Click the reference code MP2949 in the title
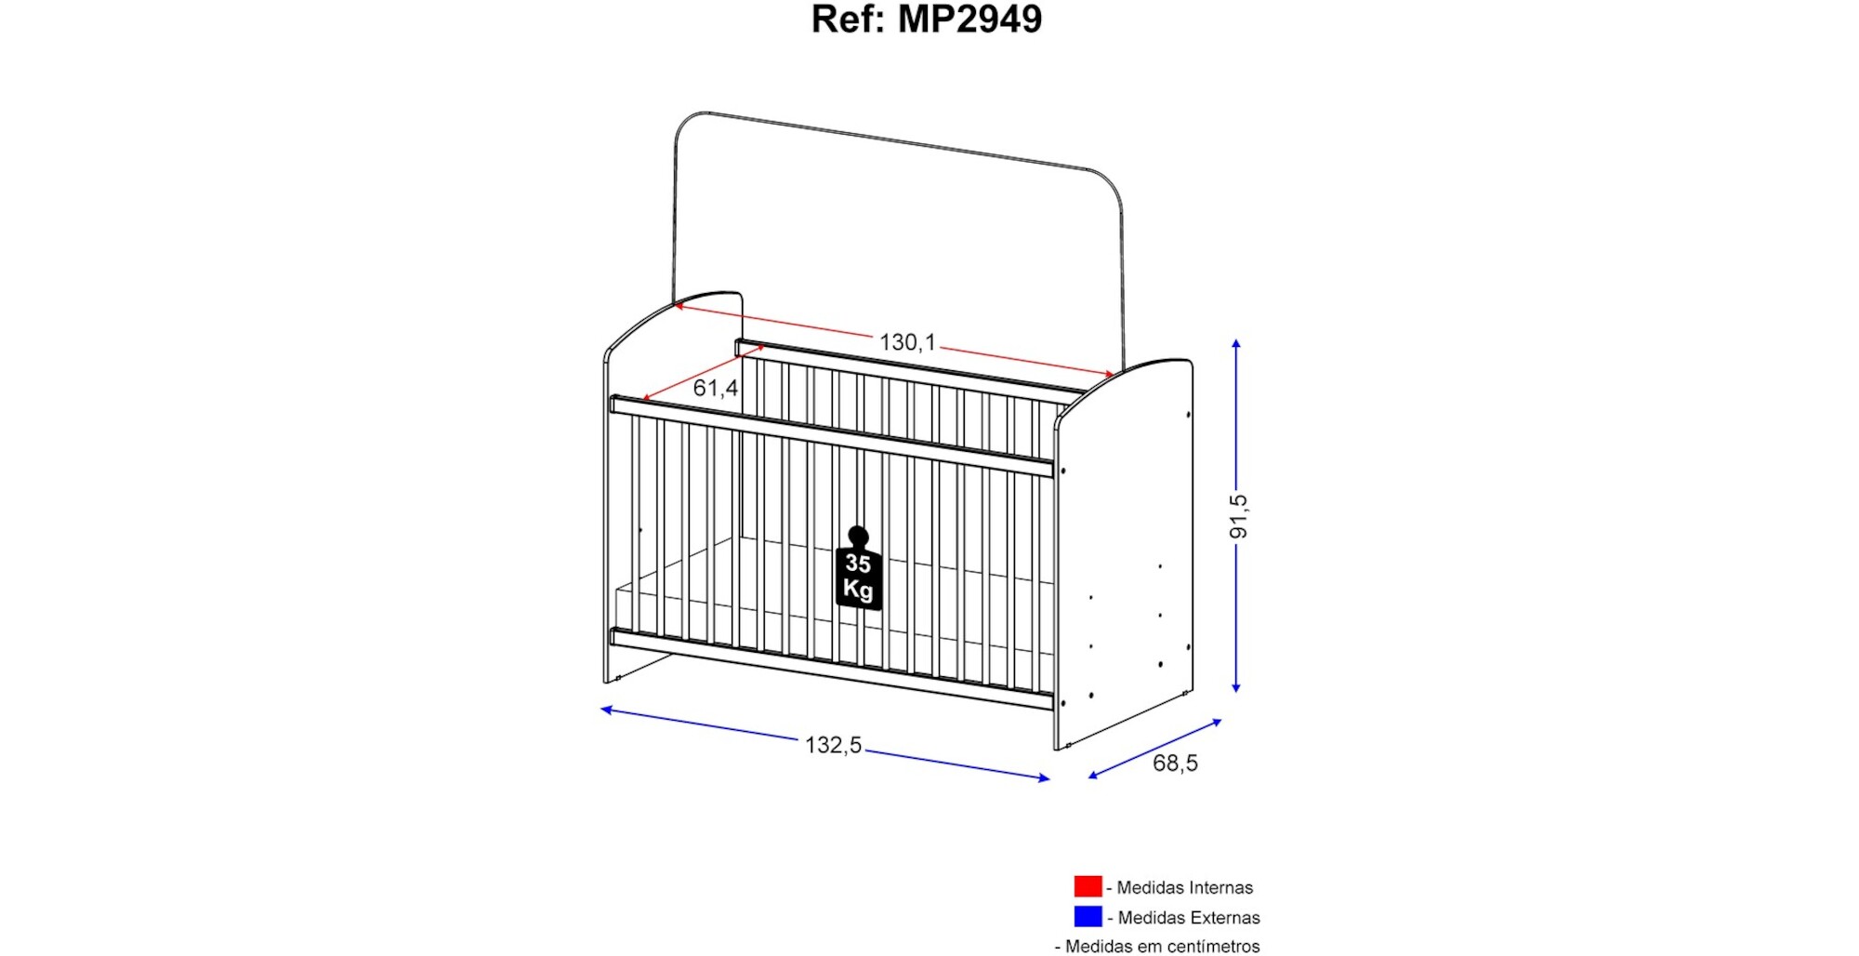click(969, 20)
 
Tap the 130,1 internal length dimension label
click(907, 342)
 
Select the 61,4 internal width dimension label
click(715, 388)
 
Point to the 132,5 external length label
click(833, 745)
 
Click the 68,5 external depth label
click(1175, 763)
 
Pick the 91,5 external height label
click(1238, 516)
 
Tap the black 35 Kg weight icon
click(858, 569)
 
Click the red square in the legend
click(1088, 886)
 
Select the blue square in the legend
click(1088, 916)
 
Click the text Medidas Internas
click(1184, 887)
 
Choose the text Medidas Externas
click(1189, 917)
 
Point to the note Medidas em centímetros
click(1162, 946)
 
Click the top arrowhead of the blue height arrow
click(1236, 344)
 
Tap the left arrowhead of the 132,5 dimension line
click(606, 710)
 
